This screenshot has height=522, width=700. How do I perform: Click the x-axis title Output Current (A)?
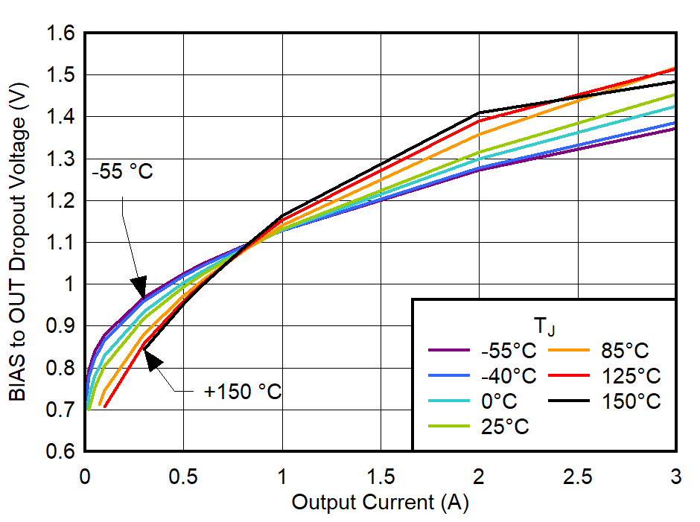click(380, 503)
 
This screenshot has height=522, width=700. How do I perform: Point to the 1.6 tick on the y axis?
click(60, 34)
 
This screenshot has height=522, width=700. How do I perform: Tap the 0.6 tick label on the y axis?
click(60, 451)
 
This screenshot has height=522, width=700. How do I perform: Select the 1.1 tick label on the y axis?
click(60, 243)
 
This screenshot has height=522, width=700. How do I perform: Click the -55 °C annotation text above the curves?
click(123, 172)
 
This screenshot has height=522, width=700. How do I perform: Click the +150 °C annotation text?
click(243, 392)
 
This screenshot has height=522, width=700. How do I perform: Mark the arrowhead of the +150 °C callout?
click(151, 360)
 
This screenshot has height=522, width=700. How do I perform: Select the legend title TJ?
click(542, 326)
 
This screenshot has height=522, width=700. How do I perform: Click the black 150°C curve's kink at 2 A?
click(479, 112)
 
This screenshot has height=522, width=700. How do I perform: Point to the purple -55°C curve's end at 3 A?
click(675, 129)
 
